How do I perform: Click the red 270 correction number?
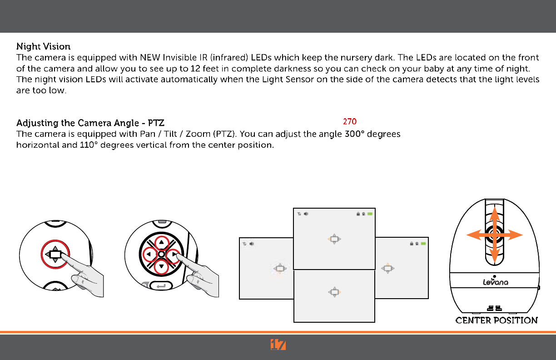pyautogui.click(x=349, y=121)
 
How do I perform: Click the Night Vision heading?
pyautogui.click(x=43, y=46)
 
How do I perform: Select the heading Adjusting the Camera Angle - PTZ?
pyautogui.click(x=90, y=123)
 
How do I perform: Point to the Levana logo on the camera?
pyautogui.click(x=495, y=281)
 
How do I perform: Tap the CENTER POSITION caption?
pyautogui.click(x=496, y=320)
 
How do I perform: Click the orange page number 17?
pyautogui.click(x=278, y=345)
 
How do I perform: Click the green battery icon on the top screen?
pyautogui.click(x=370, y=214)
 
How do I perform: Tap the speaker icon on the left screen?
pyautogui.click(x=253, y=243)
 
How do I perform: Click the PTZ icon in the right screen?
pyautogui.click(x=387, y=269)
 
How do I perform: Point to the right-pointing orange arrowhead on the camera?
pyautogui.click(x=518, y=235)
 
